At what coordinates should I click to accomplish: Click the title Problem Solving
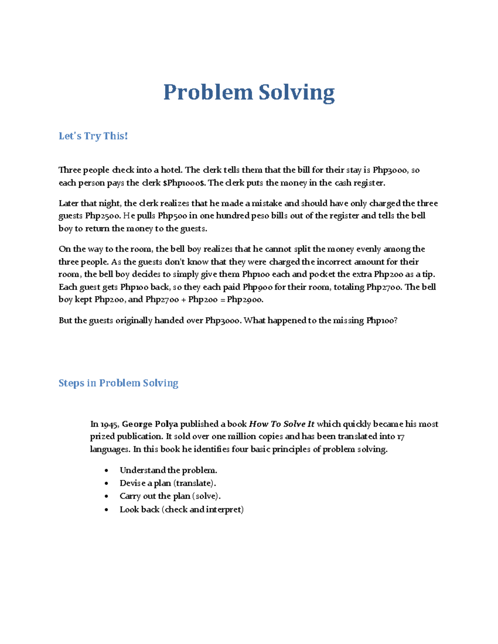click(x=249, y=92)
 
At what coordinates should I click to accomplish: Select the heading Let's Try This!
click(x=93, y=136)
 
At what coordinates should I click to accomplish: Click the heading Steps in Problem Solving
click(x=118, y=383)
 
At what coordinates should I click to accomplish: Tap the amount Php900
click(x=257, y=287)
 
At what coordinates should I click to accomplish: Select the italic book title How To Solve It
click(x=281, y=424)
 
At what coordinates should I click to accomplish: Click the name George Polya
click(x=150, y=424)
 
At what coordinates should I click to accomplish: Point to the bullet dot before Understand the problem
click(x=107, y=471)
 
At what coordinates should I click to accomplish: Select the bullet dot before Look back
click(x=107, y=510)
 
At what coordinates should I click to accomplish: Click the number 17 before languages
click(x=400, y=437)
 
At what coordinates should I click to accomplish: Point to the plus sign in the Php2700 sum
click(x=183, y=300)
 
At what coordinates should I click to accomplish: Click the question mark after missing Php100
click(x=395, y=321)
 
